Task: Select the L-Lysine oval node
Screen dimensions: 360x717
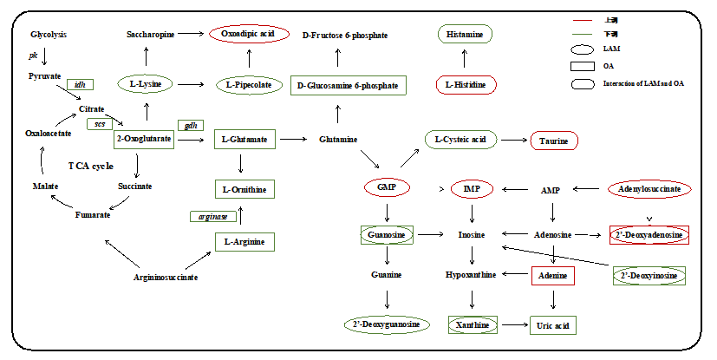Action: click(x=146, y=85)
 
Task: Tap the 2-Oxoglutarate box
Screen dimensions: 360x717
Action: click(x=144, y=139)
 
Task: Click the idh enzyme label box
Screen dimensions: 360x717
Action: click(x=80, y=84)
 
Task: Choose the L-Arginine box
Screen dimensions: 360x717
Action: click(x=244, y=241)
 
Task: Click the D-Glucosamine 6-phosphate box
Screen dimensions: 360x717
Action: click(x=347, y=85)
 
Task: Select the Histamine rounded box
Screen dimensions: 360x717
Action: click(x=465, y=34)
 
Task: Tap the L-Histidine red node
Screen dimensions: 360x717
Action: click(x=466, y=85)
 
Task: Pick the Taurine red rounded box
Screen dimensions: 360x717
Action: click(x=554, y=141)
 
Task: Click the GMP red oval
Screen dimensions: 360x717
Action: click(x=387, y=188)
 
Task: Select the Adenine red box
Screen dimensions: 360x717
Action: click(x=553, y=276)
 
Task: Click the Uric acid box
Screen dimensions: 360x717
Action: click(x=553, y=325)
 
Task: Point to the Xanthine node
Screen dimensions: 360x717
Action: click(x=473, y=325)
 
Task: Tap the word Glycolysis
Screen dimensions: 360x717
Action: click(x=49, y=35)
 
